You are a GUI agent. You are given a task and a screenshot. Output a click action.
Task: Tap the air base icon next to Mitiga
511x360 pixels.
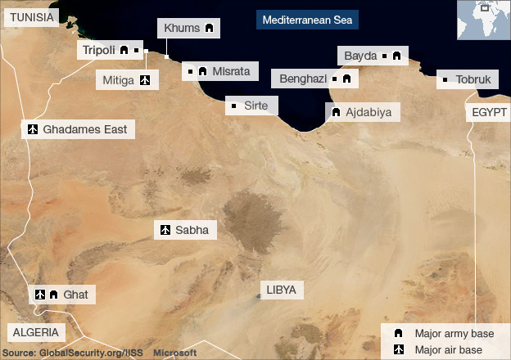pos(145,80)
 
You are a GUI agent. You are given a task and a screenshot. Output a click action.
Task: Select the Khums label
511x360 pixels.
pos(181,29)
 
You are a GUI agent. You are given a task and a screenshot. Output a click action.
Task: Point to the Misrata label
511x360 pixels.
pos(230,71)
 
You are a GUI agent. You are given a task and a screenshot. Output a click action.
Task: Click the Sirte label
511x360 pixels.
pos(256,106)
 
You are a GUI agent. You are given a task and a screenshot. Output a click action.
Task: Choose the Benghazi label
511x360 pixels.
pos(303,79)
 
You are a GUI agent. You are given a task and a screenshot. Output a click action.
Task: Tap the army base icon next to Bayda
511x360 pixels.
pos(396,56)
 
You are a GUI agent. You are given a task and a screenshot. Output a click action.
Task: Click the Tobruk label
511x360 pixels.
pos(473,79)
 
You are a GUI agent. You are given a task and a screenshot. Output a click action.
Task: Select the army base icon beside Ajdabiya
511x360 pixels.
pos(336,112)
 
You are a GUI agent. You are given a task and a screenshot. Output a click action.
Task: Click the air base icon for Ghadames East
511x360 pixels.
pos(34,129)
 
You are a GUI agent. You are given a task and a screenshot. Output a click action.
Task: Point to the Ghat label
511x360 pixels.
pos(74,294)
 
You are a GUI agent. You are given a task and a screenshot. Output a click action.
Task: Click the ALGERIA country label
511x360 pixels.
pos(36,332)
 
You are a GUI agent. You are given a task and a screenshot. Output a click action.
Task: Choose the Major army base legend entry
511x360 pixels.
pos(447,334)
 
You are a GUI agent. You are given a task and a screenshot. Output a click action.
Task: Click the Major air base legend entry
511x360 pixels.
pos(446,350)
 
